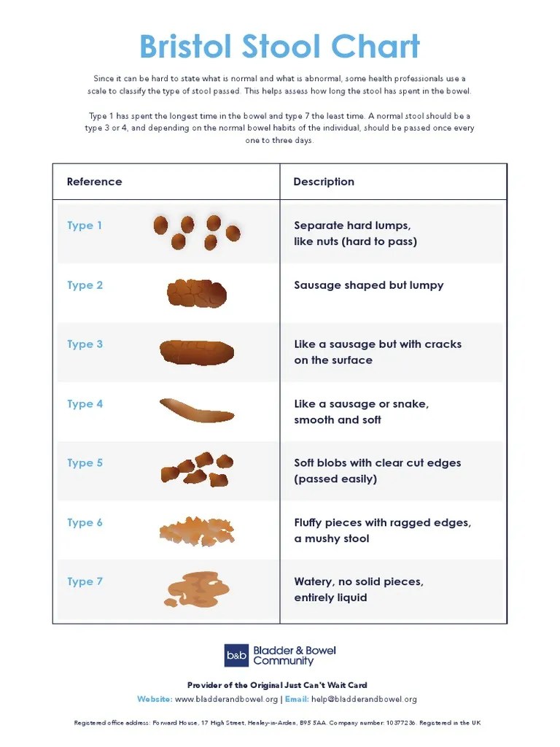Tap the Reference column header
[94, 182]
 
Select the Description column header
[324, 182]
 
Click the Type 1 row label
[85, 225]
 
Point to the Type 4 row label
[85, 404]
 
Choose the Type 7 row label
[85, 581]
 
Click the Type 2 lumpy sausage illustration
[197, 293]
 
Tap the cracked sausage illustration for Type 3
[197, 352]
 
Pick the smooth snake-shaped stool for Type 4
[196, 411]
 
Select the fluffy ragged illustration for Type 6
[197, 531]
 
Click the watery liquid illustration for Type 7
[197, 589]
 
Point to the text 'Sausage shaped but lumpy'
[368, 285]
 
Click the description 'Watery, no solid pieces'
[359, 581]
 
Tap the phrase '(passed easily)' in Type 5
[335, 479]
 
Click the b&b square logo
[237, 656]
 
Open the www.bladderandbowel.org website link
[226, 700]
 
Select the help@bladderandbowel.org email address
[364, 700]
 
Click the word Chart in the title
[376, 46]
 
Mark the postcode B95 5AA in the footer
[313, 723]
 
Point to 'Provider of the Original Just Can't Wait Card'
[277, 685]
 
